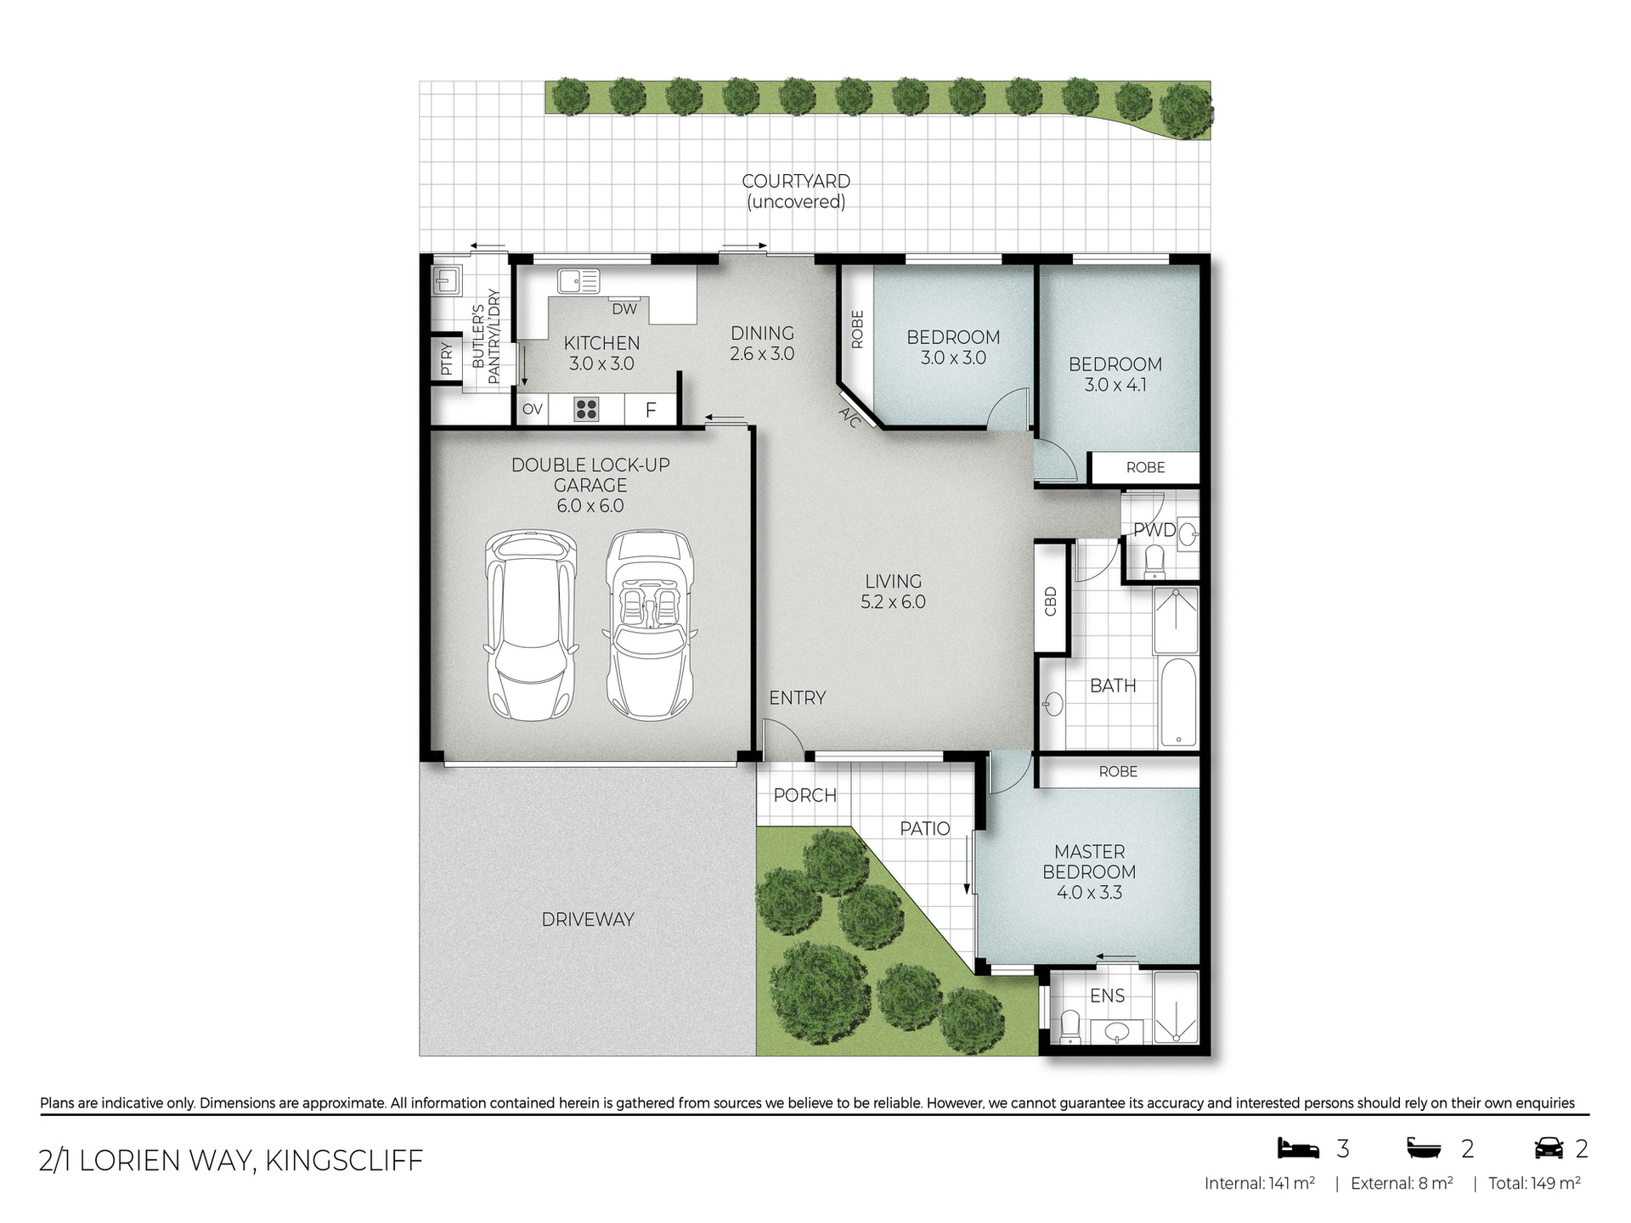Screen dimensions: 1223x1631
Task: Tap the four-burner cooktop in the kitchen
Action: (586, 409)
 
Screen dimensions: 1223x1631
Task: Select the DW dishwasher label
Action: (624, 309)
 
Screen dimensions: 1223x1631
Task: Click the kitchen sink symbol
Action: (578, 281)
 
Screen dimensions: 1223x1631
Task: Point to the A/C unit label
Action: (850, 417)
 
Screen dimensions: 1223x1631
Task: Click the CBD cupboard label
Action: (1051, 600)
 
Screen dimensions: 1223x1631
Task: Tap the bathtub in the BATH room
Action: (1177, 702)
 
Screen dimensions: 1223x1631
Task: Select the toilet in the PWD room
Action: (1154, 561)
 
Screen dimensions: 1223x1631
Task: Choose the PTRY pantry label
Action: (447, 358)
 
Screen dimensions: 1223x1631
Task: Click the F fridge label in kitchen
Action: (651, 410)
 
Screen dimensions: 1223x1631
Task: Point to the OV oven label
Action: (533, 409)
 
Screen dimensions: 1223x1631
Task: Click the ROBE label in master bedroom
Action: (1118, 771)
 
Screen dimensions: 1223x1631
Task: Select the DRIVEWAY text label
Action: (588, 919)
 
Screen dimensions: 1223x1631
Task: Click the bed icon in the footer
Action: (1298, 1148)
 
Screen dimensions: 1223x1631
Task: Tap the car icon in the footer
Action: (1549, 1148)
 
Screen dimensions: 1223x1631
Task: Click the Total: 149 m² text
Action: (1534, 1183)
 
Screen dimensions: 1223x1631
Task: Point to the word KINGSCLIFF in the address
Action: (344, 1160)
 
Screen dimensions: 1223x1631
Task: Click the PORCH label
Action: (804, 795)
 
